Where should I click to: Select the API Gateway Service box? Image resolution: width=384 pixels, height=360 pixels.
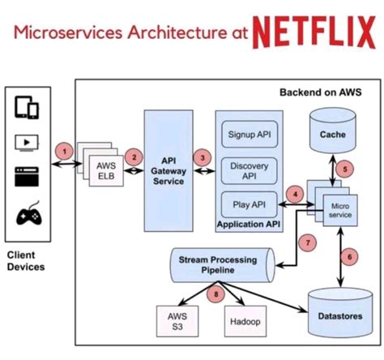pyautogui.click(x=170, y=171)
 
